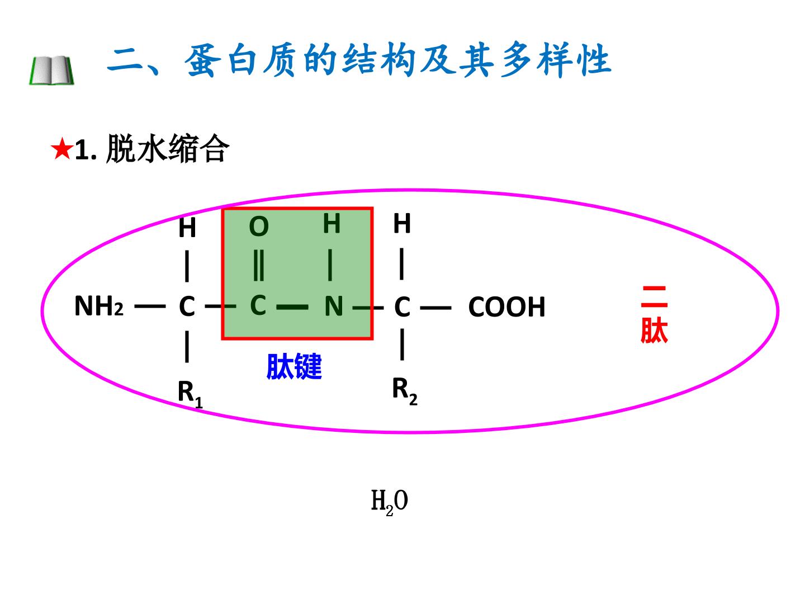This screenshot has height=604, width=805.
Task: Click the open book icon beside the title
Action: (52, 70)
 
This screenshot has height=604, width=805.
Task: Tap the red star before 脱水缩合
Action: (61, 149)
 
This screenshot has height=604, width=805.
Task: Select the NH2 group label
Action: (98, 306)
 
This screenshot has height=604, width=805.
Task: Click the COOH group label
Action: (506, 307)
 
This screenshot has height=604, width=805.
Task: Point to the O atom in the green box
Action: (259, 226)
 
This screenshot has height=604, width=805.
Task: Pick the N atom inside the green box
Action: (334, 306)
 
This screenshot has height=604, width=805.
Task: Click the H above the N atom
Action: (332, 223)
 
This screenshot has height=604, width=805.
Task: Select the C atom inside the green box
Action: (258, 305)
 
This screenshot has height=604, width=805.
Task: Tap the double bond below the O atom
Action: (259, 266)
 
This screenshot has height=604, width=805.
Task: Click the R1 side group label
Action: (190, 394)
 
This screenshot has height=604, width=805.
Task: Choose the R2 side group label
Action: (405, 391)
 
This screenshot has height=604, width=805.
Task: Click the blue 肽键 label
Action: (294, 366)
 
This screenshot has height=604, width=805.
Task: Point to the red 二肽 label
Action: (654, 314)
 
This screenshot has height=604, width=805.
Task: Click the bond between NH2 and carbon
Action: (150, 306)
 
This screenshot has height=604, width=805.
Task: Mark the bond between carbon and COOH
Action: (435, 308)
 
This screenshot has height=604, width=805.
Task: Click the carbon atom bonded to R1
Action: (187, 306)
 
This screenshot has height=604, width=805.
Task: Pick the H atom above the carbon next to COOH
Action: (402, 223)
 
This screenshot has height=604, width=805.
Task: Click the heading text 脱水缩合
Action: (168, 149)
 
